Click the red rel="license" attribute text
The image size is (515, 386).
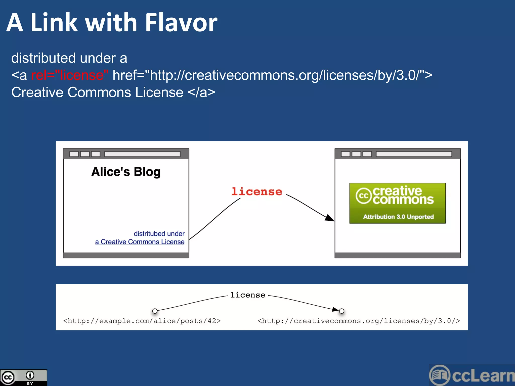[x=70, y=75]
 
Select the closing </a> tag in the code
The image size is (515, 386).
[x=201, y=92]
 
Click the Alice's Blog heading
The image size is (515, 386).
[x=126, y=172]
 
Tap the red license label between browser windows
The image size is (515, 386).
[x=257, y=191]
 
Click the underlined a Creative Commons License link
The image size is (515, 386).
[x=140, y=242]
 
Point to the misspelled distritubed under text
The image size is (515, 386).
[x=159, y=233]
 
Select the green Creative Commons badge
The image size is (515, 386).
[x=397, y=203]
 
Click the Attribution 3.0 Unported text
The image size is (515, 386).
[x=398, y=217]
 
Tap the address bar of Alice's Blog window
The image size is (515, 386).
[x=142, y=154]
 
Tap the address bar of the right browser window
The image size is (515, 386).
[x=414, y=154]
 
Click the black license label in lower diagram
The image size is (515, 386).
[x=248, y=295]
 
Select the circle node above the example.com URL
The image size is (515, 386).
[x=155, y=311]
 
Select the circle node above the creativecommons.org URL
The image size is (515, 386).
[x=341, y=311]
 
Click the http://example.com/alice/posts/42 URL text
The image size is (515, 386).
[x=142, y=321]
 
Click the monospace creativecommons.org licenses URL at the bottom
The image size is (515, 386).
[x=359, y=321]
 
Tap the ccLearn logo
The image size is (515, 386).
[x=472, y=375]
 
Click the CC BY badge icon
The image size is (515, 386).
[x=23, y=377]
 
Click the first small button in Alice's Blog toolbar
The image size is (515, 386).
[x=74, y=154]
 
